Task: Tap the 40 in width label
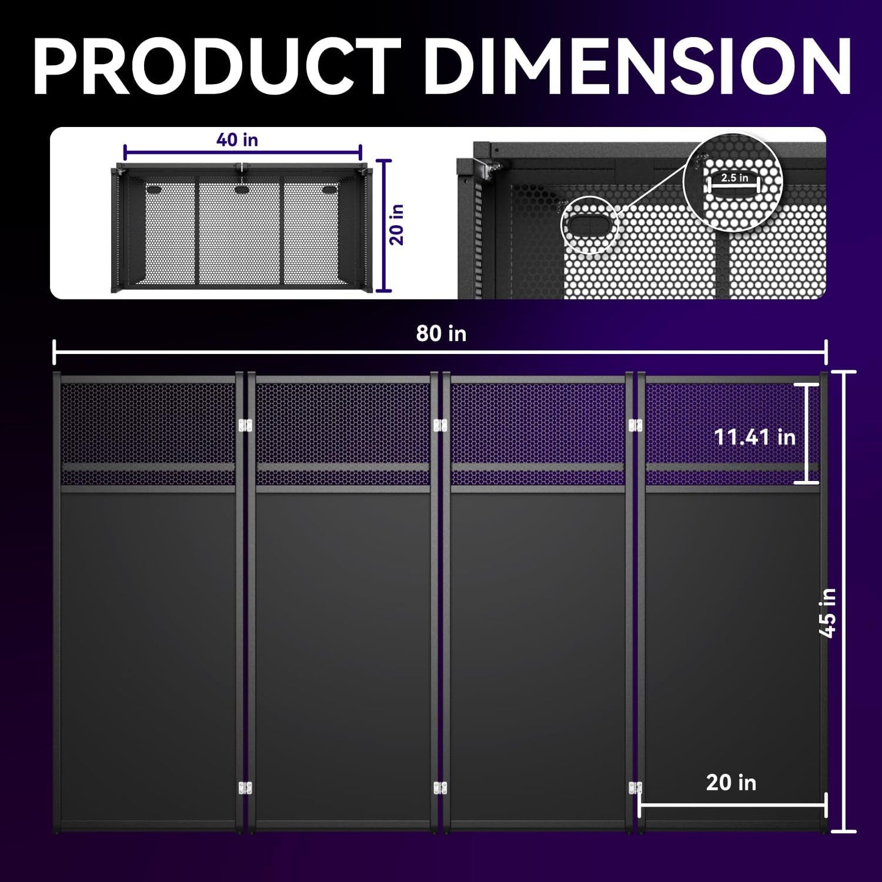click(237, 140)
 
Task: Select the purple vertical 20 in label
click(397, 225)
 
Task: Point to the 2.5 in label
click(734, 178)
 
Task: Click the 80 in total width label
click(441, 334)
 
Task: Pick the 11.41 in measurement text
click(755, 437)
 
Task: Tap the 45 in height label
click(828, 612)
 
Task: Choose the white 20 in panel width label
click(731, 783)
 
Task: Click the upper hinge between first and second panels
click(245, 424)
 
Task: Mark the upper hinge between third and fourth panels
click(635, 424)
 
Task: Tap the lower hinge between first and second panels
click(245, 788)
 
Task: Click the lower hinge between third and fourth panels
click(635, 788)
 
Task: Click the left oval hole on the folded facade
click(153, 190)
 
